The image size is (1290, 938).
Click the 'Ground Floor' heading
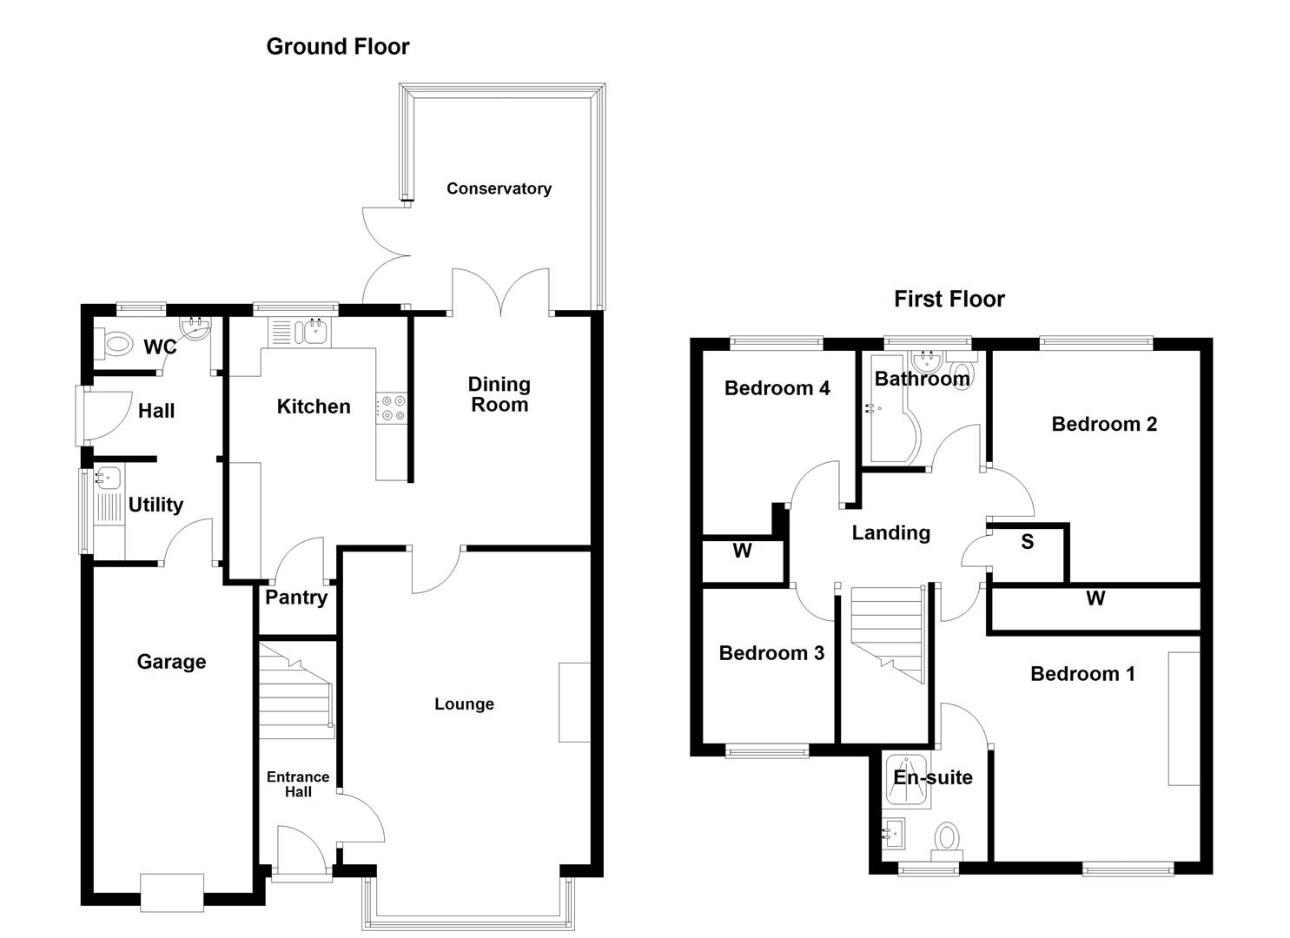coord(337,47)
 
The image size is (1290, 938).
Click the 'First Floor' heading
coord(949,300)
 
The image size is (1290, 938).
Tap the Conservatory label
coord(499,188)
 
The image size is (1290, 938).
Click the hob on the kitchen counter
coord(392,408)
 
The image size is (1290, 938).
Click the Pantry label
coord(295,598)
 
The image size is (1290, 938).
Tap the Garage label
coord(171,662)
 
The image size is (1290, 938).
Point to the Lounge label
coord(464,704)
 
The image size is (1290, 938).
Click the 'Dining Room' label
coord(499,394)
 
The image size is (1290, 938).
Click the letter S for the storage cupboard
coord(1027,543)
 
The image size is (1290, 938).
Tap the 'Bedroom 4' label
coord(777,388)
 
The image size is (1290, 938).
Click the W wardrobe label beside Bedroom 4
coord(742,552)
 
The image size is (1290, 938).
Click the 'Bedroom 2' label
coord(1103,425)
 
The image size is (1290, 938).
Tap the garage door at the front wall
coord(172,892)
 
